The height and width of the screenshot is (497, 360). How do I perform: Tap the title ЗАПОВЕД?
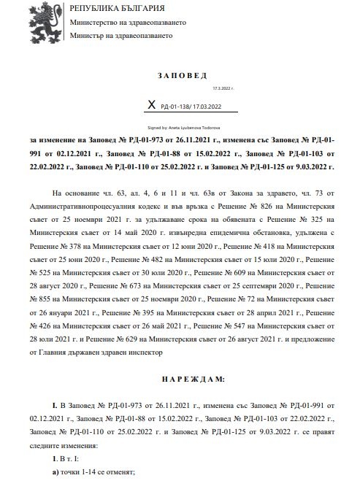[182, 76]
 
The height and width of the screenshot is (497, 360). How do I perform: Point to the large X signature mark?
[152, 105]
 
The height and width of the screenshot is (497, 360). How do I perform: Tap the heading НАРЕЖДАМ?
[182, 380]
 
